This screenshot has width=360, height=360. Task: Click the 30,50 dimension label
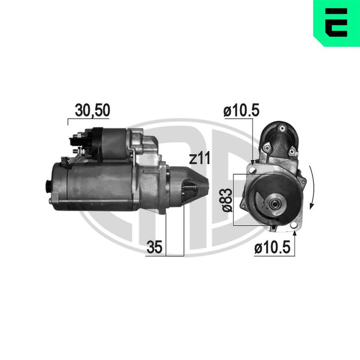tap(93, 110)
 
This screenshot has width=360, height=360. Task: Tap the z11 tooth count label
tap(199, 159)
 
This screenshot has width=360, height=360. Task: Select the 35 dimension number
tap(154, 247)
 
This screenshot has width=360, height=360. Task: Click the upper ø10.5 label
tap(241, 110)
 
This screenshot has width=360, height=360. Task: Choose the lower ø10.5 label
tap(272, 247)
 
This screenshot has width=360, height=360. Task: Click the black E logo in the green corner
tap(336, 22)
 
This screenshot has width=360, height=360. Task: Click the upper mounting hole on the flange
tap(253, 170)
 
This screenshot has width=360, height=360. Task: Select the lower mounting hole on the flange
tap(293, 225)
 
